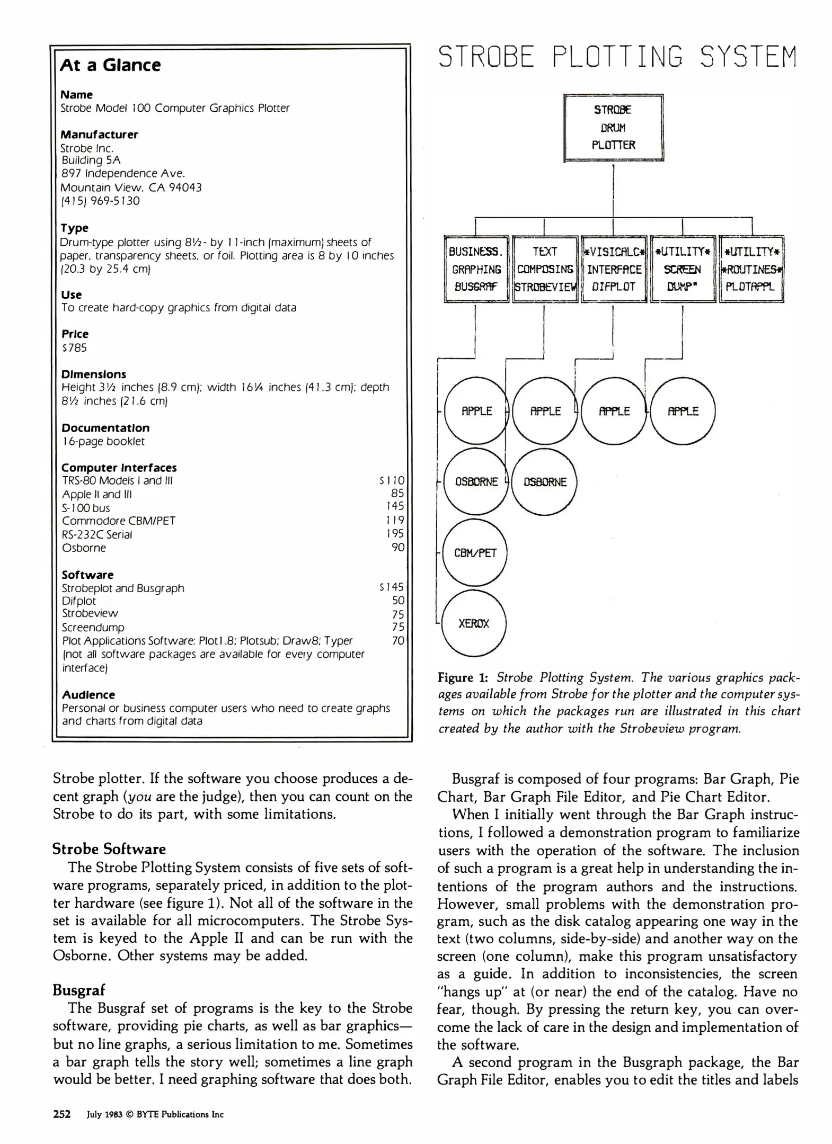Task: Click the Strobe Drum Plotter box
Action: click(613, 128)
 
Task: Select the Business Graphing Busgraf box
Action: click(476, 269)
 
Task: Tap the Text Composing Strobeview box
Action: click(545, 269)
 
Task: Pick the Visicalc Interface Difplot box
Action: click(614, 269)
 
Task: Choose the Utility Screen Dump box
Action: click(683, 269)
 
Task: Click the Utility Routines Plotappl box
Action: click(751, 269)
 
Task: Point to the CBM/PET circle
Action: click(475, 552)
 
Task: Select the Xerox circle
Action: click(474, 623)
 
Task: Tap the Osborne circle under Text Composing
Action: click(545, 481)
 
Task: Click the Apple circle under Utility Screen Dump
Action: click(683, 411)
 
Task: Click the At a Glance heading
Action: click(110, 65)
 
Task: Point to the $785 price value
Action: click(74, 348)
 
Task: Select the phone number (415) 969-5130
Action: click(100, 201)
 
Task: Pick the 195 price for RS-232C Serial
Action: click(395, 534)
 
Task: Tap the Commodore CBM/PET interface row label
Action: click(119, 521)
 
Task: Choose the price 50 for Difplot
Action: click(398, 601)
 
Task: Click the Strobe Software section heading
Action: click(109, 849)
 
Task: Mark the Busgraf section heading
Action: click(79, 989)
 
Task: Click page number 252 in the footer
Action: click(62, 1114)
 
